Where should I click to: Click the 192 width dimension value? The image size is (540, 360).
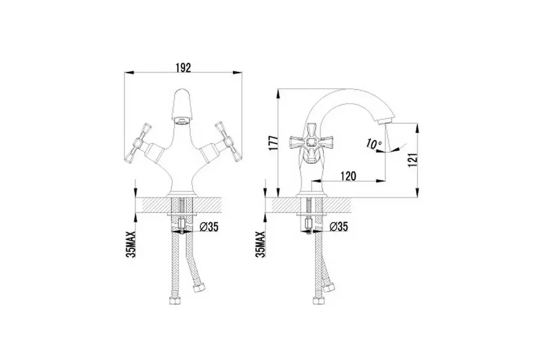pyautogui.click(x=183, y=68)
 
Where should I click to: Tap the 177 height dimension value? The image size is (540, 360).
pyautogui.click(x=273, y=143)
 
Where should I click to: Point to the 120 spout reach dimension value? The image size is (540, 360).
pyautogui.click(x=348, y=176)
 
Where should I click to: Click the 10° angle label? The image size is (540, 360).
pyautogui.click(x=374, y=144)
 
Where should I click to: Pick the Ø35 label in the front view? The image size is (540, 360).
pyautogui.click(x=209, y=227)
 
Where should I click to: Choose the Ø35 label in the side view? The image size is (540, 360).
pyautogui.click(x=338, y=227)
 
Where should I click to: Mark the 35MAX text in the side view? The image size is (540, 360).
pyautogui.click(x=261, y=244)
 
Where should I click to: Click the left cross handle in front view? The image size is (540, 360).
pyautogui.click(x=138, y=143)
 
